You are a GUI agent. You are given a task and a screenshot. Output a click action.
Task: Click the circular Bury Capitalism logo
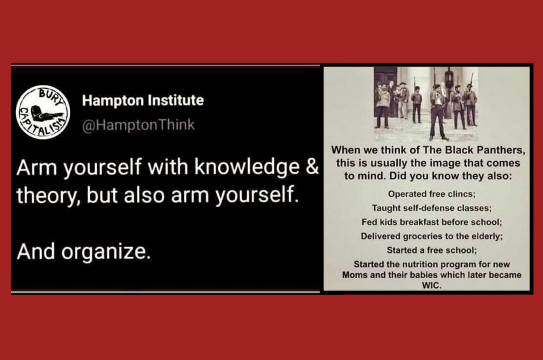point(43,112)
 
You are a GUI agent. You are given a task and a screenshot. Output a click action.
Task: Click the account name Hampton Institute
point(143,100)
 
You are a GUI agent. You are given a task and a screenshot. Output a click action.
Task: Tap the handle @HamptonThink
point(138,125)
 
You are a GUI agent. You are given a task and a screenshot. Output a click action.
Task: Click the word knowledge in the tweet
point(247,167)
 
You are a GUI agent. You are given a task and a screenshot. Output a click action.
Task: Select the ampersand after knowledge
point(312,167)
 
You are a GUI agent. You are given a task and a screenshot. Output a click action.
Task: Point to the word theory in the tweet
point(48,195)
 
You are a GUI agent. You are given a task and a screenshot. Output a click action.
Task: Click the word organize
point(106,252)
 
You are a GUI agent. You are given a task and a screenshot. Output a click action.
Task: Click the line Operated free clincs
point(431,194)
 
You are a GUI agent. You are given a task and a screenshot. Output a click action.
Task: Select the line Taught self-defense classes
point(431,208)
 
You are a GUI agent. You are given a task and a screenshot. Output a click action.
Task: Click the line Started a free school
point(431,250)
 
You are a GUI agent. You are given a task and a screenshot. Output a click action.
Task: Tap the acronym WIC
point(431,286)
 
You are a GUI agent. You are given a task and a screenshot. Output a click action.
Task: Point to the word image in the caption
point(448,163)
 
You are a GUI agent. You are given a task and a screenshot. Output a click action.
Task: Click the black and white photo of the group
point(426,103)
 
